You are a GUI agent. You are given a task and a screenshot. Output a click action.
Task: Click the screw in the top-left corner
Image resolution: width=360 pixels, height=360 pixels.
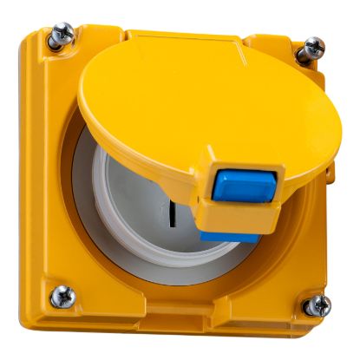[x=63, y=36]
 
